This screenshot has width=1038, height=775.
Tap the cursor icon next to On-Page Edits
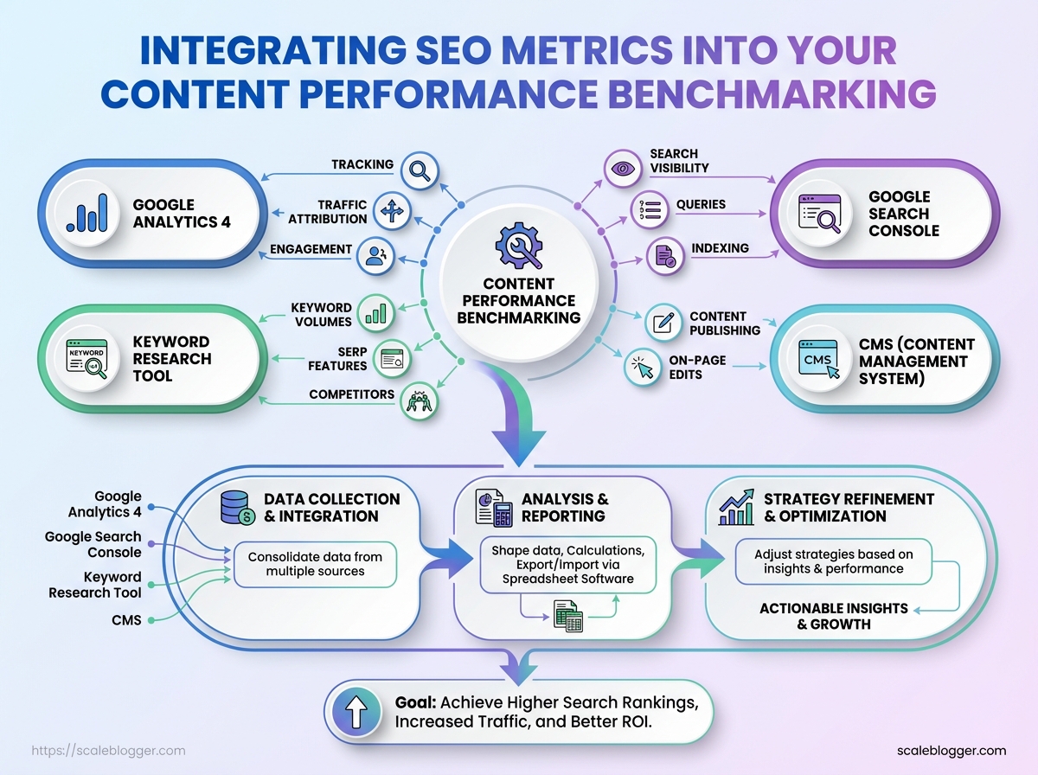pos(642,367)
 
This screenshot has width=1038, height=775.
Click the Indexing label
pos(720,249)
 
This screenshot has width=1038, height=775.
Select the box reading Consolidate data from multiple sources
pos(315,564)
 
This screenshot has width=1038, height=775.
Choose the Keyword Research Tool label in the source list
pos(95,585)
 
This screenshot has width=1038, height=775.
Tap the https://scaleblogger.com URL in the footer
pos(108,751)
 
